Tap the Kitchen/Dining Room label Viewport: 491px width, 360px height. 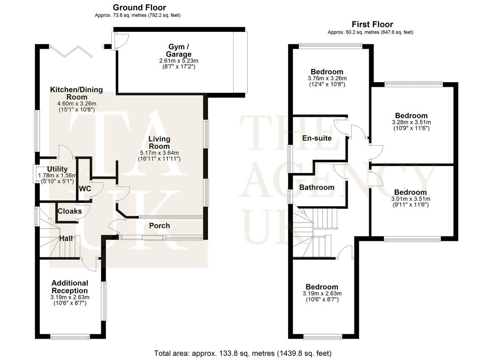pos(77,93)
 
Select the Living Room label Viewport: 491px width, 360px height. pos(159,143)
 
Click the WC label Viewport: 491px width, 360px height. pos(86,189)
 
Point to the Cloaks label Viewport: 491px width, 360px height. pos(70,211)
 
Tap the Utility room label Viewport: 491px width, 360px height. pos(57,169)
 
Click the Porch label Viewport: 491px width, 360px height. pos(160,226)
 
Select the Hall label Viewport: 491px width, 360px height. pos(66,238)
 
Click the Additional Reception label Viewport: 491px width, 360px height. pos(70,287)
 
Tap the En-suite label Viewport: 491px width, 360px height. pos(317,138)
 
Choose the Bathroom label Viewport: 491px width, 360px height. pos(317,187)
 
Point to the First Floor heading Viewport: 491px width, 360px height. pos(372,25)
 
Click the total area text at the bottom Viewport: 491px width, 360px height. pos(243,353)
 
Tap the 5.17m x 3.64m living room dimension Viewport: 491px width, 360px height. pos(159,153)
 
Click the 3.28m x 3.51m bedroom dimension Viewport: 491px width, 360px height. pos(411,122)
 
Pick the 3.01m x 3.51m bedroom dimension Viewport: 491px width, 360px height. pos(410,199)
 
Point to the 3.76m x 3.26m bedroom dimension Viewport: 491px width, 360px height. pos(327,79)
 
